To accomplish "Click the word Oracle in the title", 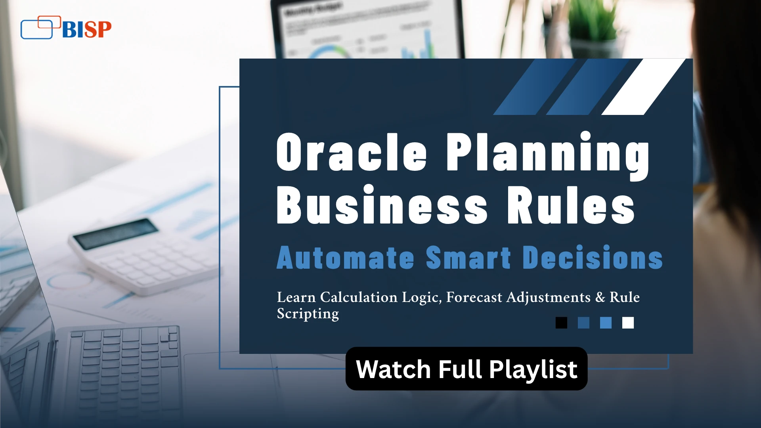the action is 352,152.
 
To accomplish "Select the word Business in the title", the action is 382,204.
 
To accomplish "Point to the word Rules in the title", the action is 571,205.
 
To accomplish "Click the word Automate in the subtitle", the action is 346,258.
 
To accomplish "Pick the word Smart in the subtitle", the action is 468,258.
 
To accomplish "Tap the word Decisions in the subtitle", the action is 593,258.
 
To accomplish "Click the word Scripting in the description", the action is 308,314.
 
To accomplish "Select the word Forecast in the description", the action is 474,297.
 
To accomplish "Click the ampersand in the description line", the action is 600,297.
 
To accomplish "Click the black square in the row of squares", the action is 561,323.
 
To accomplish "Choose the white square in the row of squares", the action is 628,323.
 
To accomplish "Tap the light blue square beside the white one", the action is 606,323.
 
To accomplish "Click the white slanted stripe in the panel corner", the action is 644,87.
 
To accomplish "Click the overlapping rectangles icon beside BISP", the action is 40,27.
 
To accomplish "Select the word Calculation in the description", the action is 359,297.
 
